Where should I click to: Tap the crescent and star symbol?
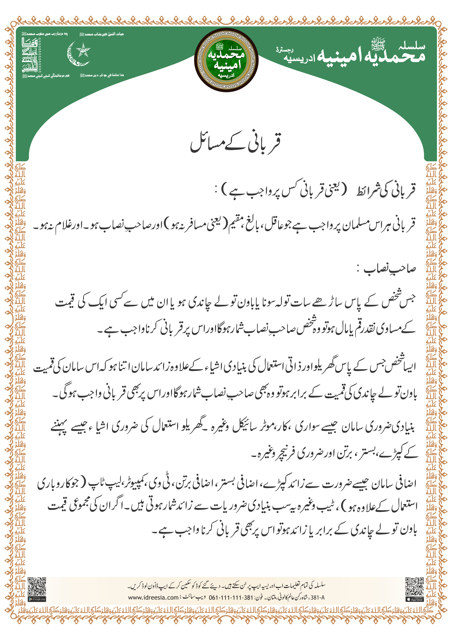click(x=78, y=54)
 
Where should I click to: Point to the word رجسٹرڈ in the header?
click(x=285, y=50)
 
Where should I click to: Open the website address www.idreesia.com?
click(x=153, y=597)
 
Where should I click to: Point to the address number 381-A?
click(x=318, y=597)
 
